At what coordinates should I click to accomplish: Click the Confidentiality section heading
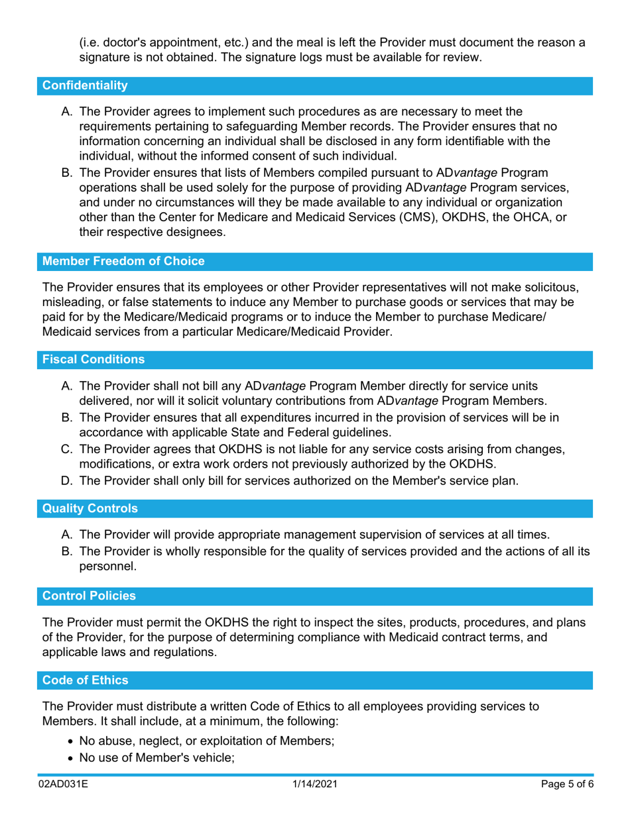(85, 85)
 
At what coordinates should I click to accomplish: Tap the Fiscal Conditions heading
(94, 360)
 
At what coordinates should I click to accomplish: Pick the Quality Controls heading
(90, 509)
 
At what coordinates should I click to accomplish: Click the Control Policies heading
(90, 596)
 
